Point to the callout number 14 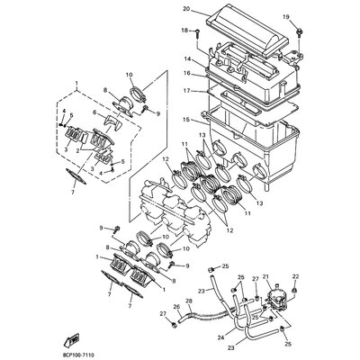188,59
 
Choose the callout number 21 290,254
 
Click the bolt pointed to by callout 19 299,31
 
